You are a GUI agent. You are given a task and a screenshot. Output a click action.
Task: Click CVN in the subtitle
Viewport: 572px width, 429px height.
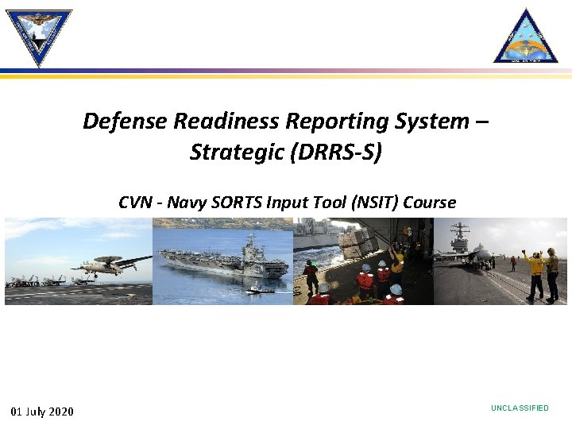136,203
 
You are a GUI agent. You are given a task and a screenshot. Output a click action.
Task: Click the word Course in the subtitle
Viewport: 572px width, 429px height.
430,203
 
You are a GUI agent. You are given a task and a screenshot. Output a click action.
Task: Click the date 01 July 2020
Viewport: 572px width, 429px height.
42,411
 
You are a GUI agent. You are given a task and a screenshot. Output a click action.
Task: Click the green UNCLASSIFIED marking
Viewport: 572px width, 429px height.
520,408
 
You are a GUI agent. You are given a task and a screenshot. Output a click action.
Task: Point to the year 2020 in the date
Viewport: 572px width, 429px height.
61,411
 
